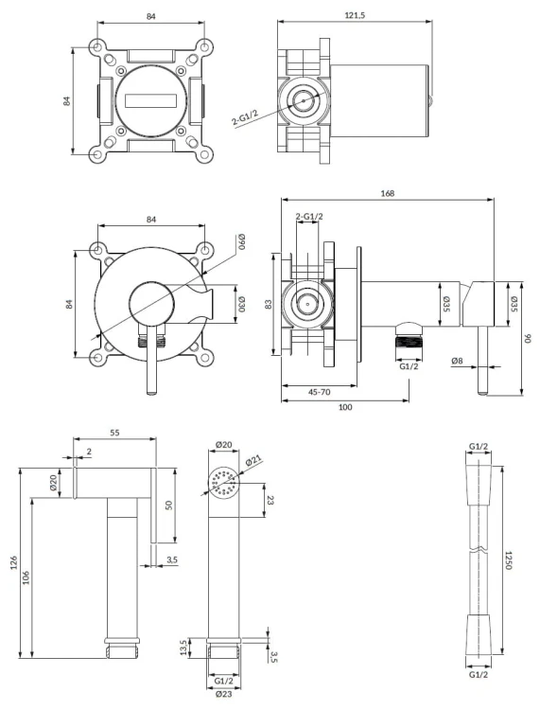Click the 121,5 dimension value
coord(355,15)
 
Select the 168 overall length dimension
coord(387,193)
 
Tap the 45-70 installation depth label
coord(320,392)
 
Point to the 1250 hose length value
coord(509,560)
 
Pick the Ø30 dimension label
coord(241,304)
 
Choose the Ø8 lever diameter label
coord(457,361)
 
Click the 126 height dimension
coord(13,563)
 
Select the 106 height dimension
coord(26,577)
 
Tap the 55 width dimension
coord(114,433)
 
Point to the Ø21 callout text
coord(254,462)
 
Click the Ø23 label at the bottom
coord(223,694)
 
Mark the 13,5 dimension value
coord(183,648)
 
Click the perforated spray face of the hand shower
coord(223,483)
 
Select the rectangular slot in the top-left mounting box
coord(150,101)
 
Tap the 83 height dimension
coord(269,304)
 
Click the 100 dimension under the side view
coord(345,407)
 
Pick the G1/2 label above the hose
coord(479,447)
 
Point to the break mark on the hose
coord(479,550)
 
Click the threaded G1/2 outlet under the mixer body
coord(409,337)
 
